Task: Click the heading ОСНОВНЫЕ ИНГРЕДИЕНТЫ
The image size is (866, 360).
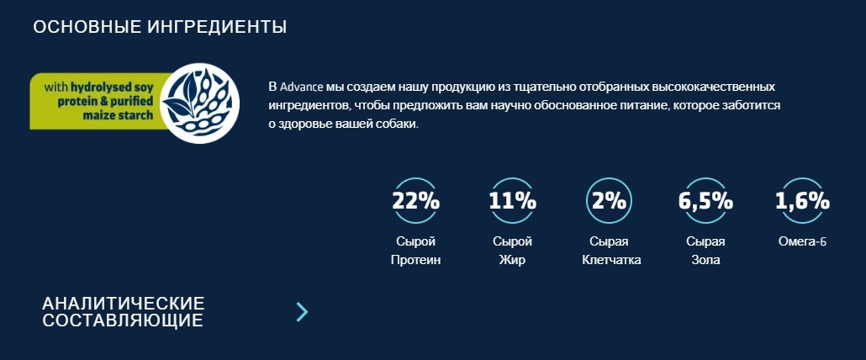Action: pos(160,27)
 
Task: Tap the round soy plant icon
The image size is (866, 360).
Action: pos(199,103)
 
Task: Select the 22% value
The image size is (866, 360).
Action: pos(415,201)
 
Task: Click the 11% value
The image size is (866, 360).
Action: pos(512,201)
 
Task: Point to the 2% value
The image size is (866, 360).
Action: pos(609,201)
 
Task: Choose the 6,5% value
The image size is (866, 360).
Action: pos(705,201)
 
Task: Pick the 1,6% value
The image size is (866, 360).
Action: pos(802,201)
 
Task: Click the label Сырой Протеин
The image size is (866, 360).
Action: pos(415,251)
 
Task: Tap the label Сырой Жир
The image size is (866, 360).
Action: pos(512,251)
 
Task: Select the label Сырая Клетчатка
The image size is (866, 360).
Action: pos(611,251)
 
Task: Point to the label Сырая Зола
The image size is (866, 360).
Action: pos(705,251)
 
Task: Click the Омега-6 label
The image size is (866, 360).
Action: pos(802,241)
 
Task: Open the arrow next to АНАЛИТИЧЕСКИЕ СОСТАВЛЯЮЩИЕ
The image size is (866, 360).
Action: pos(302,312)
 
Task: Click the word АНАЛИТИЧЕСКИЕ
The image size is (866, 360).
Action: pos(124,303)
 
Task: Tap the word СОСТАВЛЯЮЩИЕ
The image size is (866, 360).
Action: pos(123,320)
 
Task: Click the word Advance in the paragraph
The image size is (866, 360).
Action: pos(302,87)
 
